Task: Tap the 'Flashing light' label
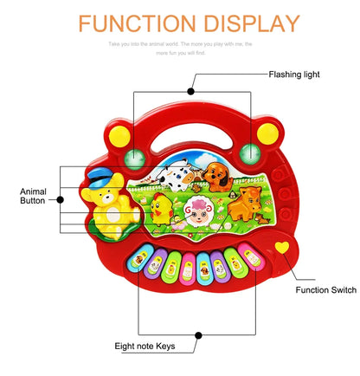point(294,75)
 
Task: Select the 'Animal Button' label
point(32,195)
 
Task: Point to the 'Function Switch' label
point(325,290)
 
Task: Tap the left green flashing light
point(135,157)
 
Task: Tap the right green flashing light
point(251,154)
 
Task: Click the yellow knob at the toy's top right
point(268,133)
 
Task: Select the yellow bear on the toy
point(109,209)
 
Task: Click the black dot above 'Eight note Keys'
point(199,334)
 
